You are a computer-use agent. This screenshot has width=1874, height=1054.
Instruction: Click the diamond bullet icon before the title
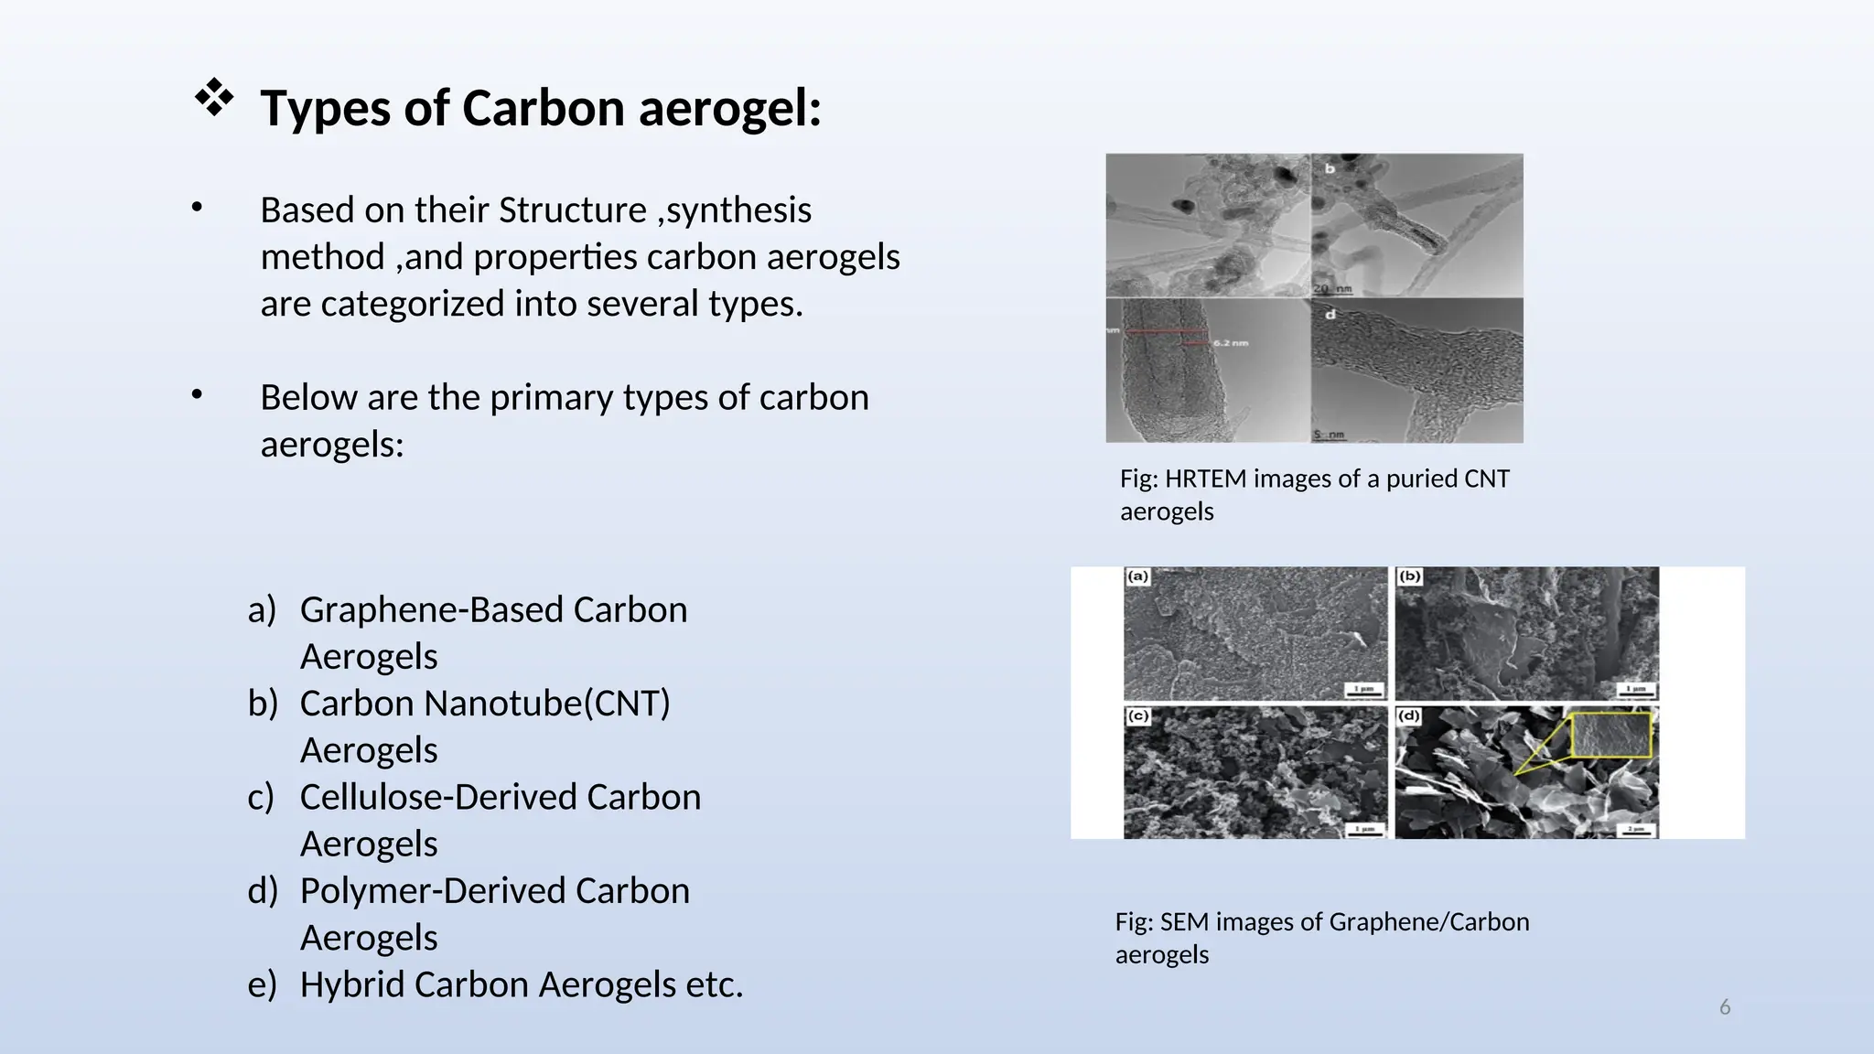(213, 99)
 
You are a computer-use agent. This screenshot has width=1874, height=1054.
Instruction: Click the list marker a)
(262, 610)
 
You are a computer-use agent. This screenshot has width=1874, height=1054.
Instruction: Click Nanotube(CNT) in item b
(547, 704)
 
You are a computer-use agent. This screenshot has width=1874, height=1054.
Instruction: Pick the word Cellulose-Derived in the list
(437, 797)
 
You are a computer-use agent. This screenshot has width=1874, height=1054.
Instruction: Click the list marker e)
(262, 985)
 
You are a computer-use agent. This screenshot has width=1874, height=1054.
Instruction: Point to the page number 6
(1725, 1007)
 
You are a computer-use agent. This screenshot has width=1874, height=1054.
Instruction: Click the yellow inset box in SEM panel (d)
(1611, 736)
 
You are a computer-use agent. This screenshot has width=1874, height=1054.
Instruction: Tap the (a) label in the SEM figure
(1137, 576)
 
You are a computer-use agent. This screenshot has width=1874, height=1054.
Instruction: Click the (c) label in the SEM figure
(1137, 715)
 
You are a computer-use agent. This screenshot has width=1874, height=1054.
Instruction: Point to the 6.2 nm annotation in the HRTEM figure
(1231, 343)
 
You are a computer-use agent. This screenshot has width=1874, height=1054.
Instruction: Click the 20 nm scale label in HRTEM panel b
(1333, 289)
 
